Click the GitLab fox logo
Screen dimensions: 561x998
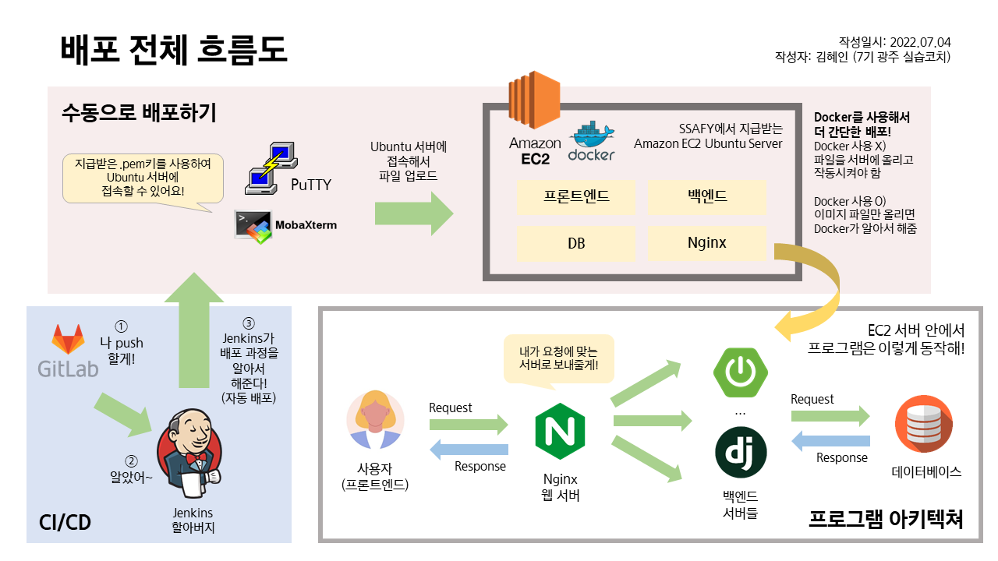[x=69, y=340]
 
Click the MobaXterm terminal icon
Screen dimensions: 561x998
[x=253, y=226]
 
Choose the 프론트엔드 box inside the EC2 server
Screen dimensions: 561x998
[x=576, y=197]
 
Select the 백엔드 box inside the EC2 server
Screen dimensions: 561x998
[x=707, y=197]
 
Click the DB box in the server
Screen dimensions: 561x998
[x=576, y=243]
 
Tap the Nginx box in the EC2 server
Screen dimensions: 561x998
[x=707, y=243]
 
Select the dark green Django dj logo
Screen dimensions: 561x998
[x=741, y=453]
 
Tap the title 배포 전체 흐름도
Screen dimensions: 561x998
[x=174, y=50]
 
